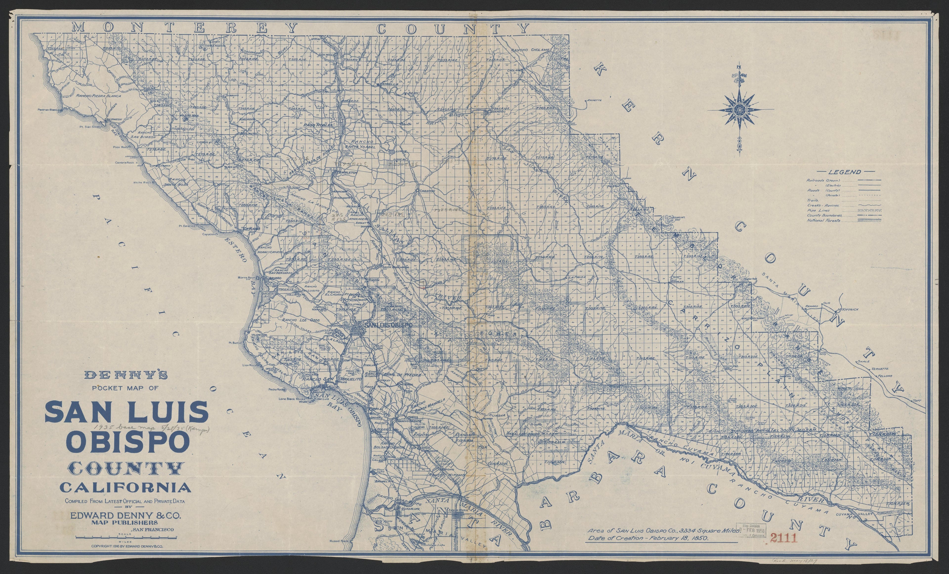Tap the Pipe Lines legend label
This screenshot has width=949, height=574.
click(x=818, y=211)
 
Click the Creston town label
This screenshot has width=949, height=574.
click(x=427, y=191)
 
